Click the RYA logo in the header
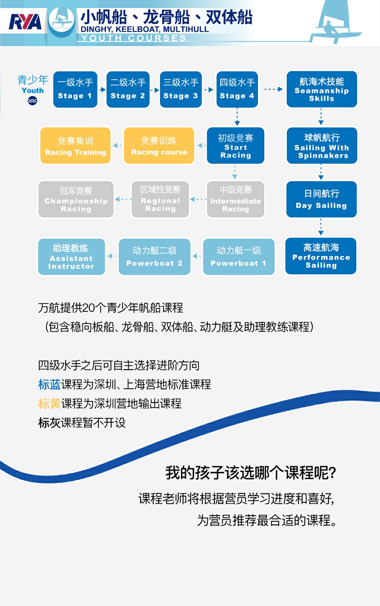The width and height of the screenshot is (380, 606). pyautogui.click(x=25, y=22)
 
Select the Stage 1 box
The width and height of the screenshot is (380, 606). pyautogui.click(x=75, y=89)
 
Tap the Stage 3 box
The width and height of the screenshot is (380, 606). pyautogui.click(x=181, y=89)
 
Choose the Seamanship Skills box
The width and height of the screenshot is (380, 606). pyautogui.click(x=322, y=89)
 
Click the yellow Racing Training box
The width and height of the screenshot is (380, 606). pyautogui.click(x=76, y=146)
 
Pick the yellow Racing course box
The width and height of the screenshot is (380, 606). pyautogui.click(x=159, y=146)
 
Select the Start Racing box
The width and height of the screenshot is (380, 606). pyautogui.click(x=236, y=146)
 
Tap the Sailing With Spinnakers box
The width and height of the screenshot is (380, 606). pyautogui.click(x=322, y=146)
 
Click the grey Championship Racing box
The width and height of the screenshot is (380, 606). pyautogui.click(x=76, y=199)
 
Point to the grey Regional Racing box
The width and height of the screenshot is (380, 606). pyautogui.click(x=160, y=199)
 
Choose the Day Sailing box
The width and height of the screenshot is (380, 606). pyautogui.click(x=321, y=199)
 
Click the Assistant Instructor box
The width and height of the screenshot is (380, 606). pyautogui.click(x=71, y=257)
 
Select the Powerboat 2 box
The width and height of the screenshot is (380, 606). pyautogui.click(x=154, y=257)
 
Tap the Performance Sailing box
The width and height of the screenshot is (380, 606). pyautogui.click(x=321, y=256)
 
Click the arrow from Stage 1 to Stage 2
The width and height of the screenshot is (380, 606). pyautogui.click(x=102, y=90)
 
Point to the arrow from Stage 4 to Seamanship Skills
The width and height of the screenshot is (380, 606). pyautogui.click(x=273, y=89)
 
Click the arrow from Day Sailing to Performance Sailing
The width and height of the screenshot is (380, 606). pyautogui.click(x=321, y=227)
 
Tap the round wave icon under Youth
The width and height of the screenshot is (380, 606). pyautogui.click(x=32, y=101)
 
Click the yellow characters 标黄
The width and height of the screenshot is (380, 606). pyautogui.click(x=49, y=404)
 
